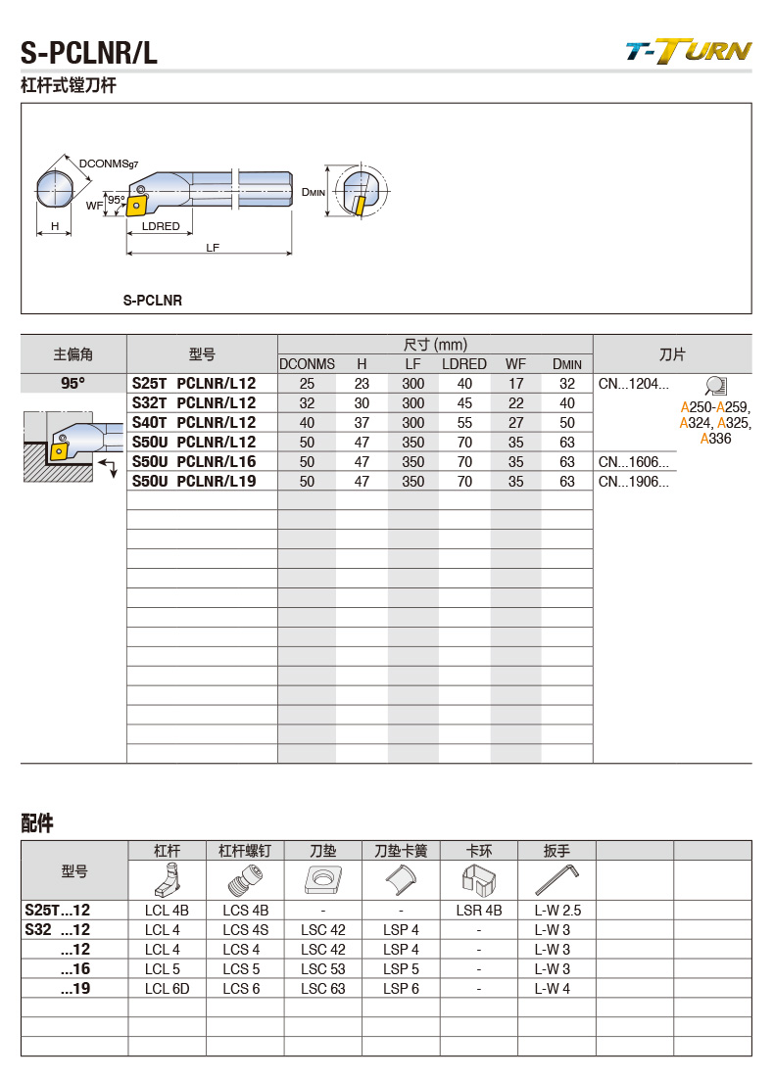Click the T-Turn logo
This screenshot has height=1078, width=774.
point(688,51)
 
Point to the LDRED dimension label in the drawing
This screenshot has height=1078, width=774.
point(161,226)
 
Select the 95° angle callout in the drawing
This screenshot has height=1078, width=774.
point(116,200)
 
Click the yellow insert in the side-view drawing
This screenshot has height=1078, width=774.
point(136,205)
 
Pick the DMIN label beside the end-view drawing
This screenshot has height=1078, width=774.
point(313,193)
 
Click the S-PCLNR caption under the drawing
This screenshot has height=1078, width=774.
point(152,301)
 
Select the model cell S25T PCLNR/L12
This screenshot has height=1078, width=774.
point(193,384)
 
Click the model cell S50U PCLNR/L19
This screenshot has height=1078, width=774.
point(193,482)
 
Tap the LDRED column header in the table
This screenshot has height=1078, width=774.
point(463,364)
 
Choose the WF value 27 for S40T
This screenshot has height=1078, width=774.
point(515,423)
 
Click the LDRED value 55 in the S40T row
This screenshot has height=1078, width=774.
point(464,423)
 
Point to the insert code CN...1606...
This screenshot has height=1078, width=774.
point(633,462)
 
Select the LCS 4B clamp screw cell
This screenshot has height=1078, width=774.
point(245,911)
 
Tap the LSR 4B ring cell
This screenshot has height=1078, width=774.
point(478,911)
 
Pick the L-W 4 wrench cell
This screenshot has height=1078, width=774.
point(556,989)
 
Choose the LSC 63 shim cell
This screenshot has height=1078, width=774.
point(322,989)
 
